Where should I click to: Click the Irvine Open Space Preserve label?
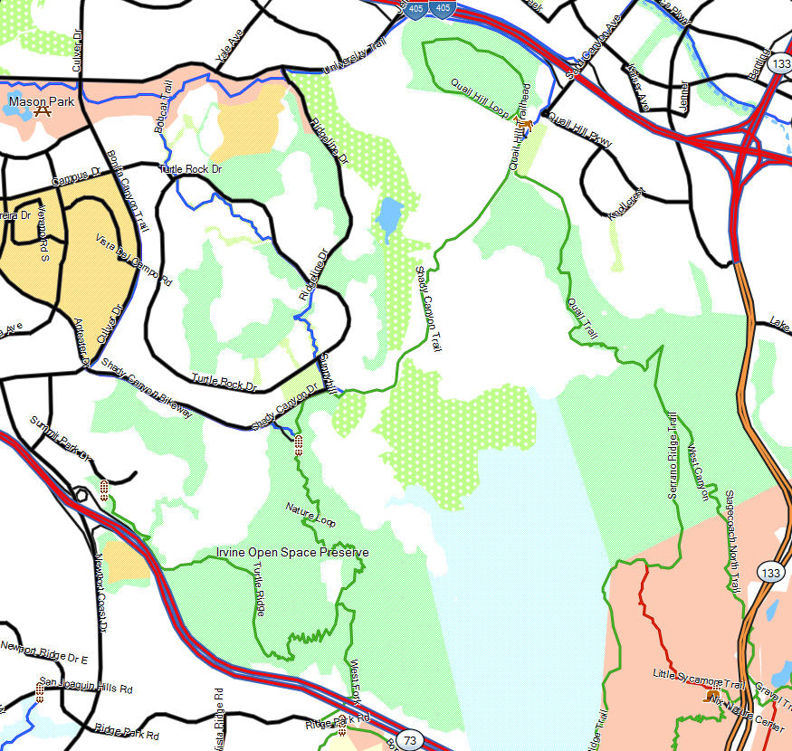tap(292, 552)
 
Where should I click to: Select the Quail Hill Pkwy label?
tap(580, 129)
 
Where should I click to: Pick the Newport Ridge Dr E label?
tap(43, 647)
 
